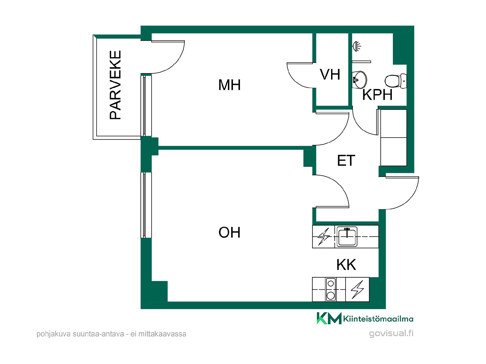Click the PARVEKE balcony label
(x=115, y=85)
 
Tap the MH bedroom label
(x=229, y=85)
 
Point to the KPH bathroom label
(x=377, y=95)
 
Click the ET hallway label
(x=346, y=160)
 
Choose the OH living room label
(x=229, y=232)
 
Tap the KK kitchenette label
(x=346, y=265)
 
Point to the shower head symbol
(x=357, y=46)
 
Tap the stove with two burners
(x=331, y=289)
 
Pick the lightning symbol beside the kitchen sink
(x=324, y=237)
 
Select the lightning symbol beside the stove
(x=357, y=289)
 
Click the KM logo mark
(x=329, y=318)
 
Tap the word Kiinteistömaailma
(x=378, y=319)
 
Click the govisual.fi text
(x=391, y=333)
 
